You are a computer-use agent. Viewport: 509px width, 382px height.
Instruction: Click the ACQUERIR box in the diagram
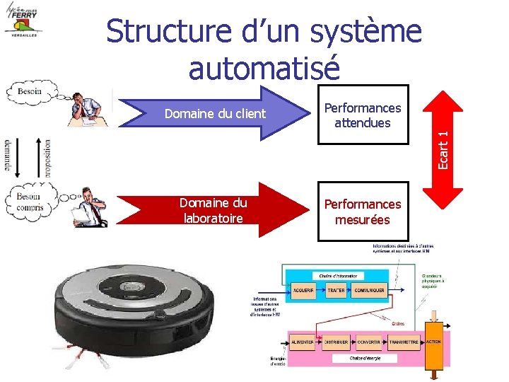(303, 291)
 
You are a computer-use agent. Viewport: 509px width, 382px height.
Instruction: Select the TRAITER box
(337, 291)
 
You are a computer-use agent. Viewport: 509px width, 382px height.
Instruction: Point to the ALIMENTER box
(303, 342)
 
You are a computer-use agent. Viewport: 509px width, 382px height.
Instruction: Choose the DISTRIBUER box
(337, 342)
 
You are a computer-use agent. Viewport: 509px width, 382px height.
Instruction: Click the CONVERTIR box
(369, 342)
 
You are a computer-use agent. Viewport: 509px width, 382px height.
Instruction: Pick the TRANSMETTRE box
(404, 342)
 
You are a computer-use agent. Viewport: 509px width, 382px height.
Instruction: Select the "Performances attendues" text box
(363, 115)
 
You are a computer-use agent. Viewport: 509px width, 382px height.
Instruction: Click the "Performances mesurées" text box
(363, 211)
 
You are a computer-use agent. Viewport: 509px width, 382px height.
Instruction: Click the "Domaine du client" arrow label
(215, 114)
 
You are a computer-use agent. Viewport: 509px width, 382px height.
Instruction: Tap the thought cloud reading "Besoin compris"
(30, 201)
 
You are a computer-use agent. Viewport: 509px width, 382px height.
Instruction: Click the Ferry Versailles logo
(24, 21)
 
